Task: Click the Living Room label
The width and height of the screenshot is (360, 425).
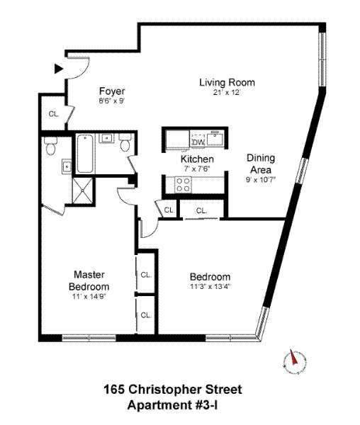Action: pyautogui.click(x=226, y=83)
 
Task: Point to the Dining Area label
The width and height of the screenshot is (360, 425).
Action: pyautogui.click(x=260, y=164)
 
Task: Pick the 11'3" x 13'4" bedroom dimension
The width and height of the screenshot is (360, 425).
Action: pyautogui.click(x=210, y=287)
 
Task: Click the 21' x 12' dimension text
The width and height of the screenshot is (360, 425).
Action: pyautogui.click(x=226, y=93)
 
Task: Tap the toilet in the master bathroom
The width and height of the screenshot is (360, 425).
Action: pyautogui.click(x=50, y=147)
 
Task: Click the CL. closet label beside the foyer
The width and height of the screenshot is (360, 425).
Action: pyautogui.click(x=53, y=114)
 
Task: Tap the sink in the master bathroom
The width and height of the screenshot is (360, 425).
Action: pyautogui.click(x=64, y=167)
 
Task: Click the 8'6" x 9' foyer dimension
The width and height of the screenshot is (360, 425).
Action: pyautogui.click(x=111, y=101)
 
